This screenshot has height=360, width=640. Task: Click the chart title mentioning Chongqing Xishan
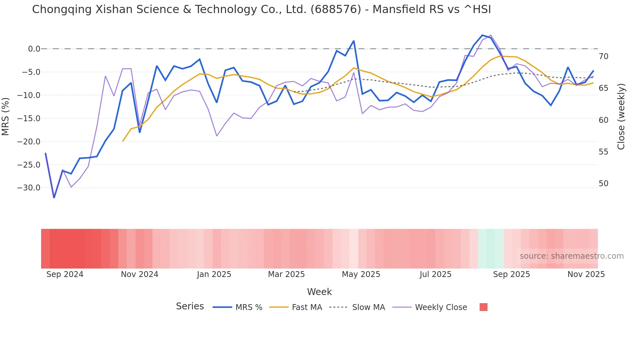261,9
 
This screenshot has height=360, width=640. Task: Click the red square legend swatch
483,307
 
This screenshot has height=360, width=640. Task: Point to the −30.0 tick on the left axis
29,188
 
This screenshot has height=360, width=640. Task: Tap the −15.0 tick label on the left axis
29,118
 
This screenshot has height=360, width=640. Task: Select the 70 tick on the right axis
603,57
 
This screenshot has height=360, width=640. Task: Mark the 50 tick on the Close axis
603,184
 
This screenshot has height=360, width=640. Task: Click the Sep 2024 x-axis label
65,274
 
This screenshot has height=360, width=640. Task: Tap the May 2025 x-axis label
361,274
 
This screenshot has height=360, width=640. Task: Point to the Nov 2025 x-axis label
586,274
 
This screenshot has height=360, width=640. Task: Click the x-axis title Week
319,292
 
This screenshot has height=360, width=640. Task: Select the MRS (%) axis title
6,116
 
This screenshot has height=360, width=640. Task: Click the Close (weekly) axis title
621,116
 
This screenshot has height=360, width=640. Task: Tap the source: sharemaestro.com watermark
571,256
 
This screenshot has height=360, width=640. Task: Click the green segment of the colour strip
490,249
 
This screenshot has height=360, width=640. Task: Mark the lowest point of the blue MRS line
54,197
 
